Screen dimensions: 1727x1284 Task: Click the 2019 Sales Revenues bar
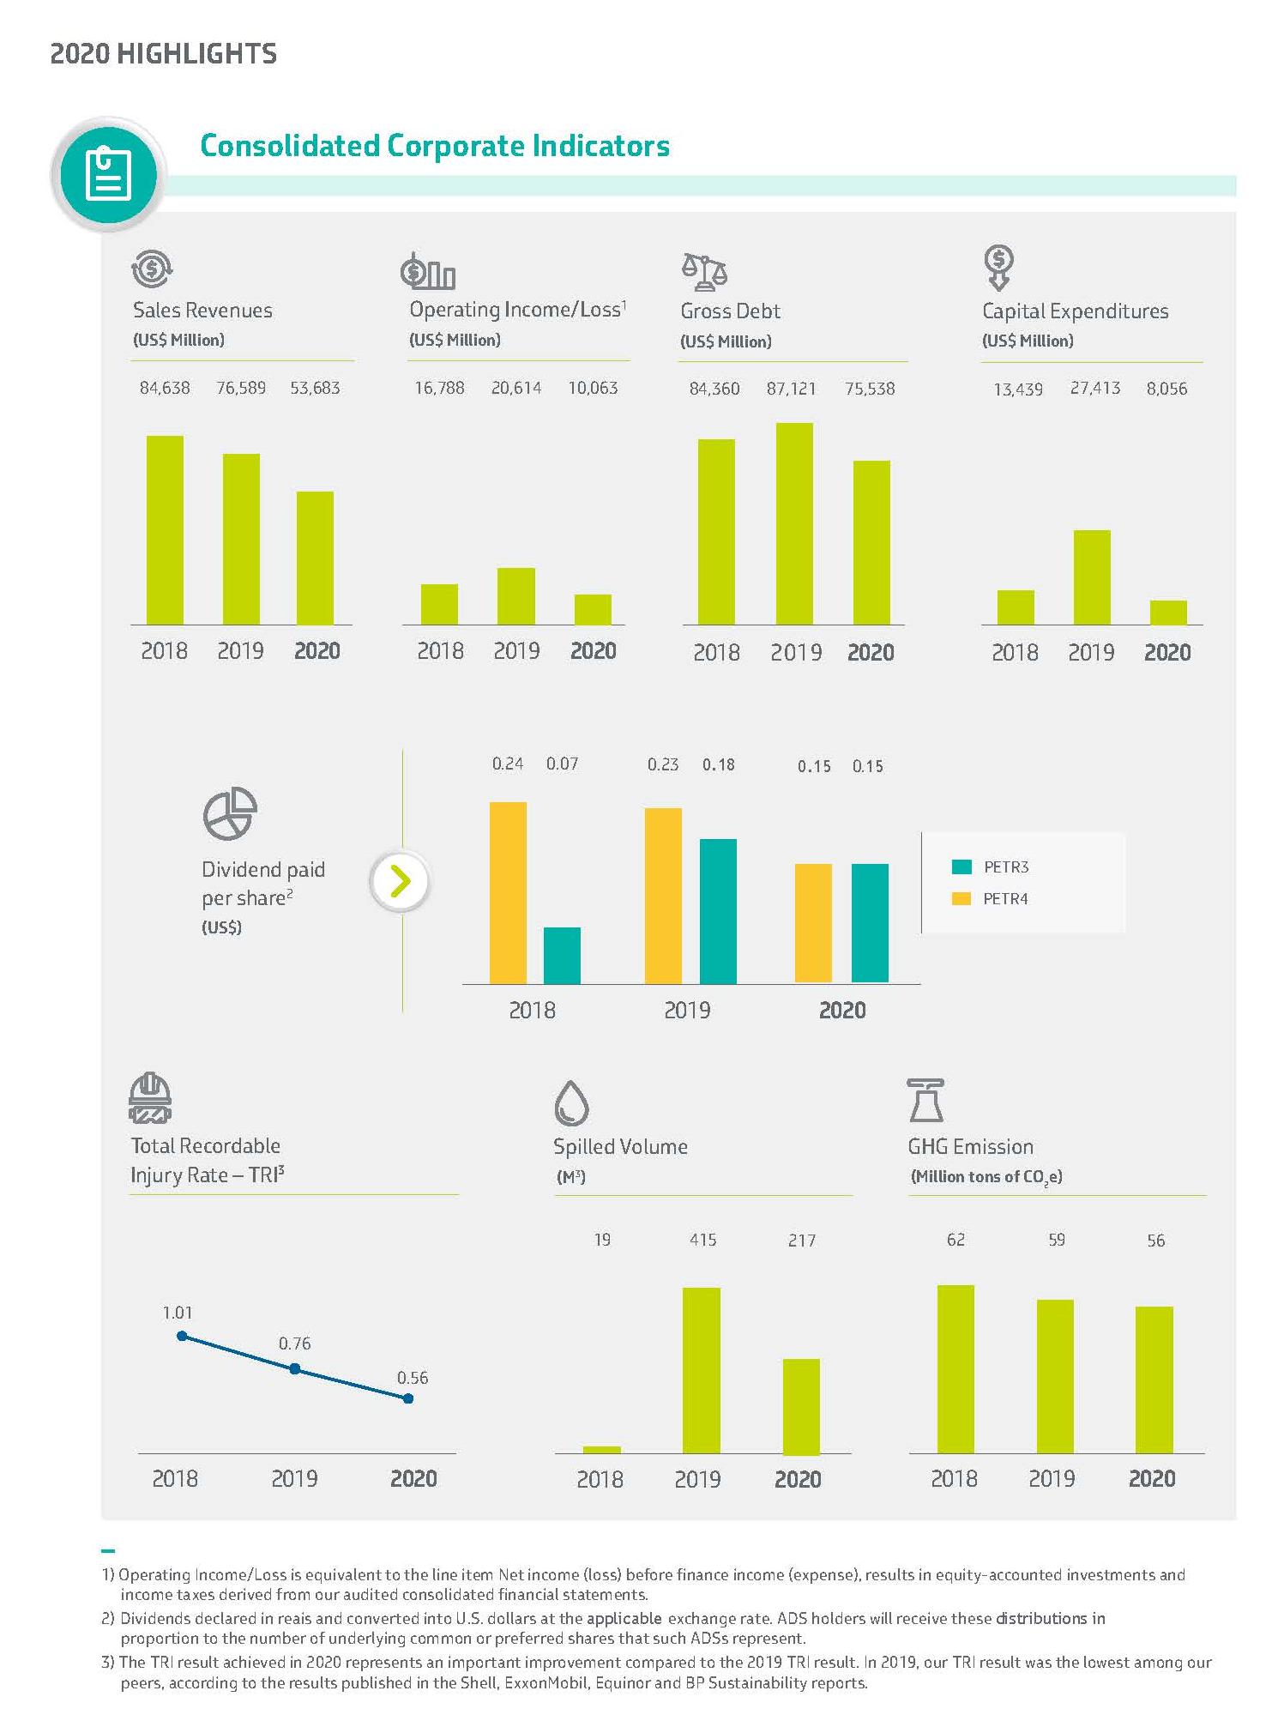241,539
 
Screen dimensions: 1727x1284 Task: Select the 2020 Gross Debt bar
871,542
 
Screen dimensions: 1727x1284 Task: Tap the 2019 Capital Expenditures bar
1092,577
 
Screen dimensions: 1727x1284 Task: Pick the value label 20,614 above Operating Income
516,388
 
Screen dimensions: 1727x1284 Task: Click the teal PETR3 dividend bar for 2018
562,955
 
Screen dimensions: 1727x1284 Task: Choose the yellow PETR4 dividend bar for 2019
663,895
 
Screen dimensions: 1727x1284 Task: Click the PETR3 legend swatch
961,867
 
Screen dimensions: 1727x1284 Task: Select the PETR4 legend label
1005,898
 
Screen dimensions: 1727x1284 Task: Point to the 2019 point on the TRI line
295,1369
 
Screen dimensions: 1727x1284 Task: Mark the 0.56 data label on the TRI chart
413,1378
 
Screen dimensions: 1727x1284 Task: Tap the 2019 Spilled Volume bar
701,1370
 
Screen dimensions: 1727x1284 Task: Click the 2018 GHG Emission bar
955,1368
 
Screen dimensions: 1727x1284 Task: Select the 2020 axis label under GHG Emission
1152,1478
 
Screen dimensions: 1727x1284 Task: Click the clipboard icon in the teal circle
109,174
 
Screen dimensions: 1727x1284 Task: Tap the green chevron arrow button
400,881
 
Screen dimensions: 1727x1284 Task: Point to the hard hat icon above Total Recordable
150,1097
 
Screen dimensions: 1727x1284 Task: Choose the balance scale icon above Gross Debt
704,270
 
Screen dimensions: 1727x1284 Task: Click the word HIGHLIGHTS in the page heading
196,53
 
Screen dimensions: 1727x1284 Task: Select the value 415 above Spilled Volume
702,1240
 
